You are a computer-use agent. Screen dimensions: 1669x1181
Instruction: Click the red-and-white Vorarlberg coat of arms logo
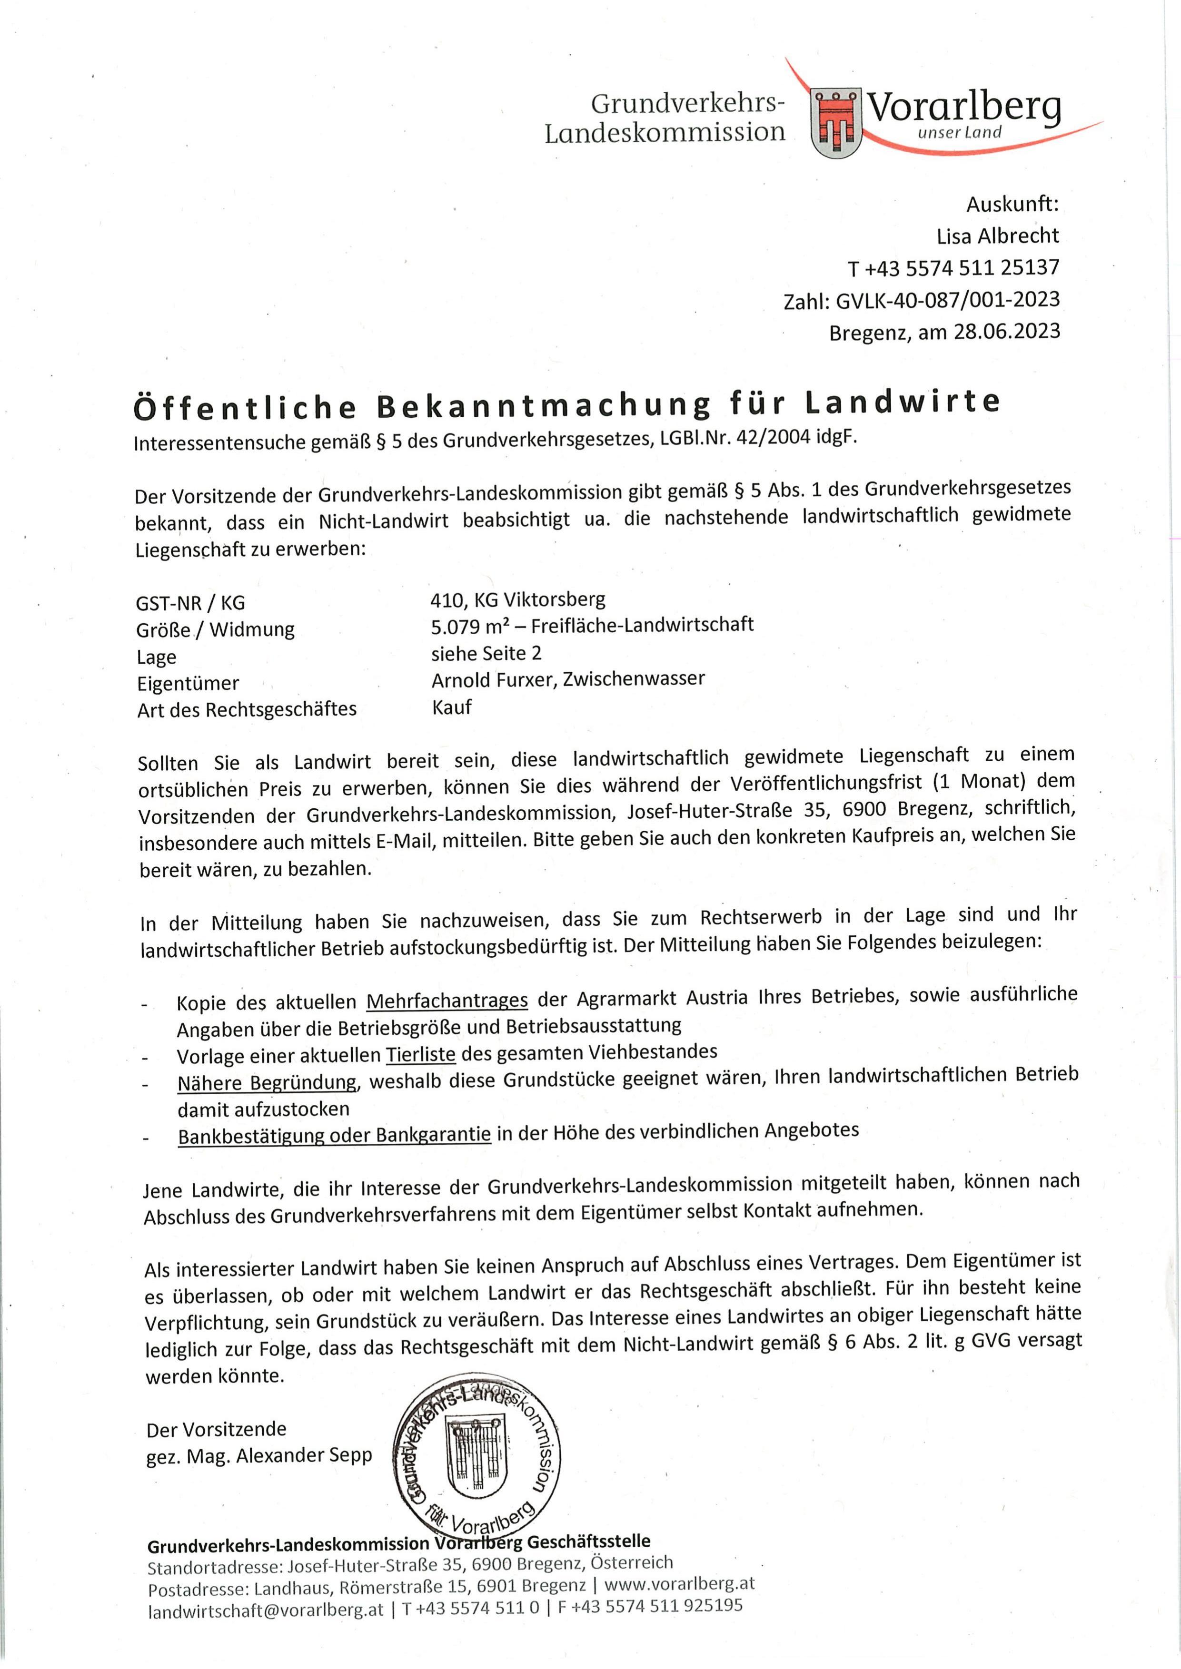pos(835,121)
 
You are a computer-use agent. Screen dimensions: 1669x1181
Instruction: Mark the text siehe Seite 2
pos(486,653)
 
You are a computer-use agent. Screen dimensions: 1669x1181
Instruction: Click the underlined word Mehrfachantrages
pos(447,1000)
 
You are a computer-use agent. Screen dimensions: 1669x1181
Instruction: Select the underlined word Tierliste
pos(420,1053)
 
